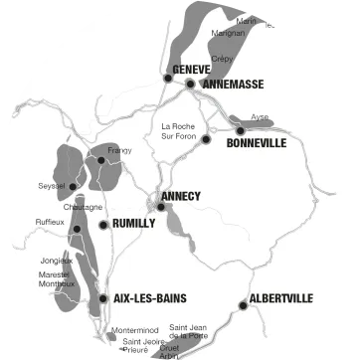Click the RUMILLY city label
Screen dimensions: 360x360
[134, 224]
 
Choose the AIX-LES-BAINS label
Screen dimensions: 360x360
[150, 298]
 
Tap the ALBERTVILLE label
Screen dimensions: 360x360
[281, 298]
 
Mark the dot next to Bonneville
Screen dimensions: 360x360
[240, 130]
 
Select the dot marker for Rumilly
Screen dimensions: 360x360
[103, 225]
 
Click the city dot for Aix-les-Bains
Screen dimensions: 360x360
[103, 298]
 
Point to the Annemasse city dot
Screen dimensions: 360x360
[189, 85]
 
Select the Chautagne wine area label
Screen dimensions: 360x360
[83, 207]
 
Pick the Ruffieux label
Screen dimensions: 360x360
[50, 222]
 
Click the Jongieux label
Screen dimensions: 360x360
[55, 260]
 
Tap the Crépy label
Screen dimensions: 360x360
[222, 59]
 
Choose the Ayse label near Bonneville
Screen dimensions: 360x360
[260, 116]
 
